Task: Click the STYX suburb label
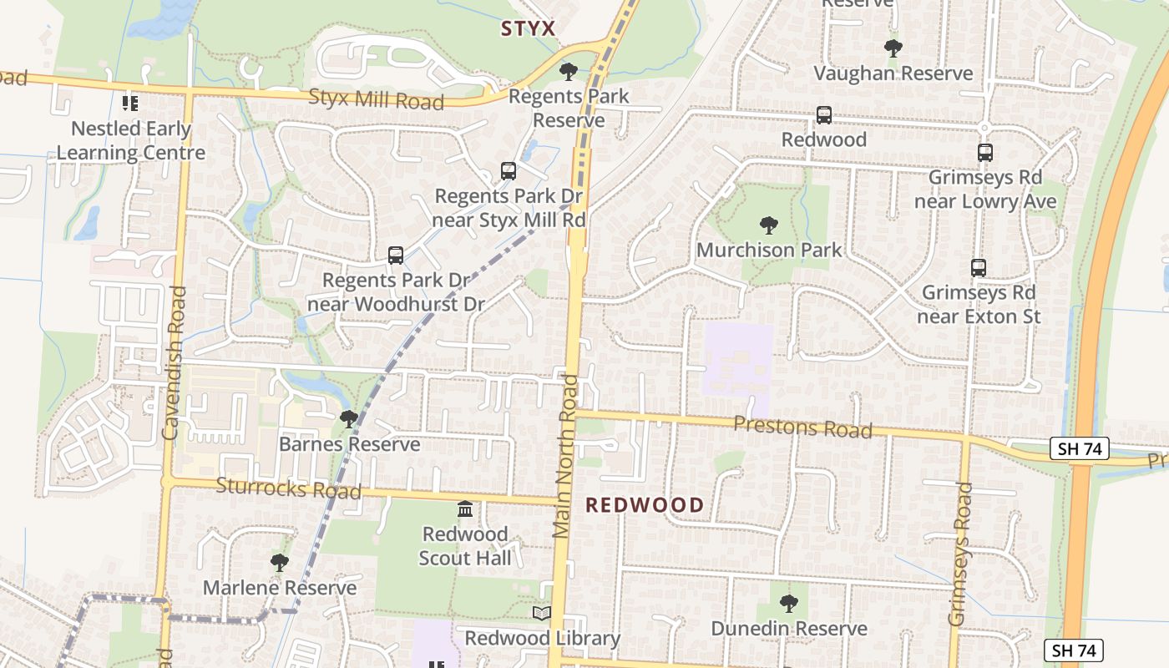point(528,29)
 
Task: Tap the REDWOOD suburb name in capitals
point(644,505)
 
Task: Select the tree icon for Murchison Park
point(768,225)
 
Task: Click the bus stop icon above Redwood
point(824,115)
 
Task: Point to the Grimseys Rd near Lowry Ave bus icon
point(985,153)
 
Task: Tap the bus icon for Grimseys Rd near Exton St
point(979,268)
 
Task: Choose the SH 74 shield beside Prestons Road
point(1080,448)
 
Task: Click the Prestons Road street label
point(802,428)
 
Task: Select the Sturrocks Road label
point(288,488)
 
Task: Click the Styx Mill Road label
point(376,99)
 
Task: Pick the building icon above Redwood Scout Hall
point(465,509)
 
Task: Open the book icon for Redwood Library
point(542,614)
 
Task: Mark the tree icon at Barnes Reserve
point(349,419)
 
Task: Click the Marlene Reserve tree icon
point(280,563)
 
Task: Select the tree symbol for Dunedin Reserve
point(789,603)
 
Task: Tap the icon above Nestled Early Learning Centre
point(129,104)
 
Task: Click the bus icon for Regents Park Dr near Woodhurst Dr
point(396,256)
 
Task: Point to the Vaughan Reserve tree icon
point(893,48)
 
